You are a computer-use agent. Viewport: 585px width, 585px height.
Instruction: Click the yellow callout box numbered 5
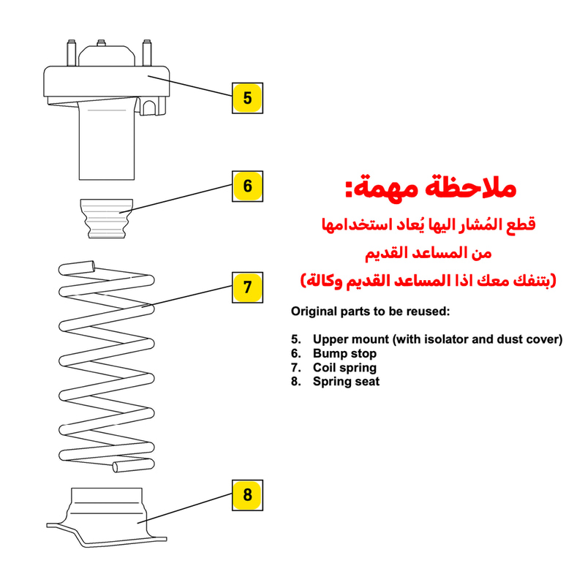247,98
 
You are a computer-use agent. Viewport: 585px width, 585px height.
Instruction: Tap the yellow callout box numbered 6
247,186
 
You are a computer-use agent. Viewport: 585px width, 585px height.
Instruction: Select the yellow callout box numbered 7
247,287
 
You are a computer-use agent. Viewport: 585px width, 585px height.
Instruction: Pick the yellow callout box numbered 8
247,495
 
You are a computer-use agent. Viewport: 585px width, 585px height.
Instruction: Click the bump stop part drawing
107,219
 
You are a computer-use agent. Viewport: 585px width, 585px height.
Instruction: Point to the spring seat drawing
107,518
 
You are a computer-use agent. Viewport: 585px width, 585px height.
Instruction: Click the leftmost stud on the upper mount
71,53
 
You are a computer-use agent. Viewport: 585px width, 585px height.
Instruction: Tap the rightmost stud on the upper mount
147,53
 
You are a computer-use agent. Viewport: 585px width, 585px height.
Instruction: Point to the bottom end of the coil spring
116,467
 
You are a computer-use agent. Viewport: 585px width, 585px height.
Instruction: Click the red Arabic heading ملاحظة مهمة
431,188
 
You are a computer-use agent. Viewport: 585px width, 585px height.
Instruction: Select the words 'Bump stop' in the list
344,353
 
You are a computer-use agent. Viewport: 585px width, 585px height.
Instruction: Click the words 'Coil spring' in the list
344,368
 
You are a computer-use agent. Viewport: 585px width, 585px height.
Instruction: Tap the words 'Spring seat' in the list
346,381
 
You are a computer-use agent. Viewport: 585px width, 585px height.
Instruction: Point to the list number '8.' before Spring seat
296,381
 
